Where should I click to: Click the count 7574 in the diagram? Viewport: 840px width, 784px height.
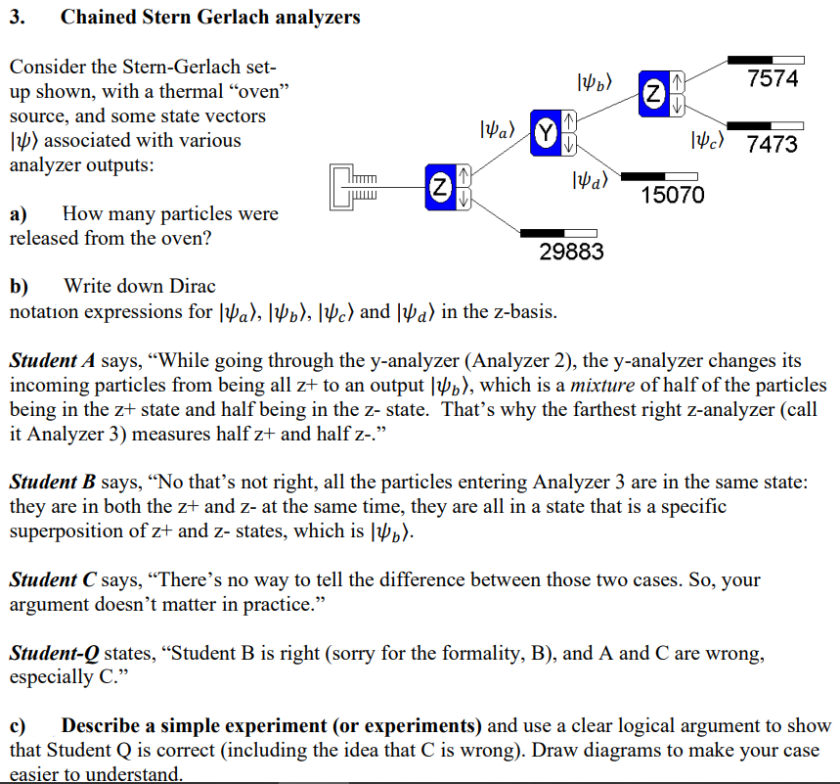(x=773, y=79)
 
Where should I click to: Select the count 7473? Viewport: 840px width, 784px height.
(x=772, y=145)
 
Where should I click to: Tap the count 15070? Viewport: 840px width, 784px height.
(x=672, y=195)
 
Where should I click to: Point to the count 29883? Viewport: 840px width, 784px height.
(x=572, y=253)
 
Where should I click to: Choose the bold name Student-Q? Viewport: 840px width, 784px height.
(x=57, y=653)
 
